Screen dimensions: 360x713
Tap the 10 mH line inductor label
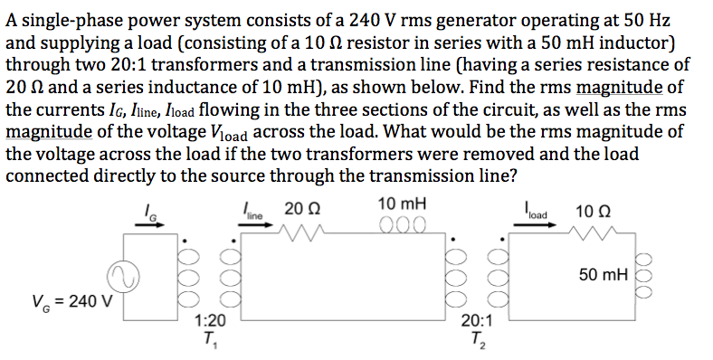tap(403, 204)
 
